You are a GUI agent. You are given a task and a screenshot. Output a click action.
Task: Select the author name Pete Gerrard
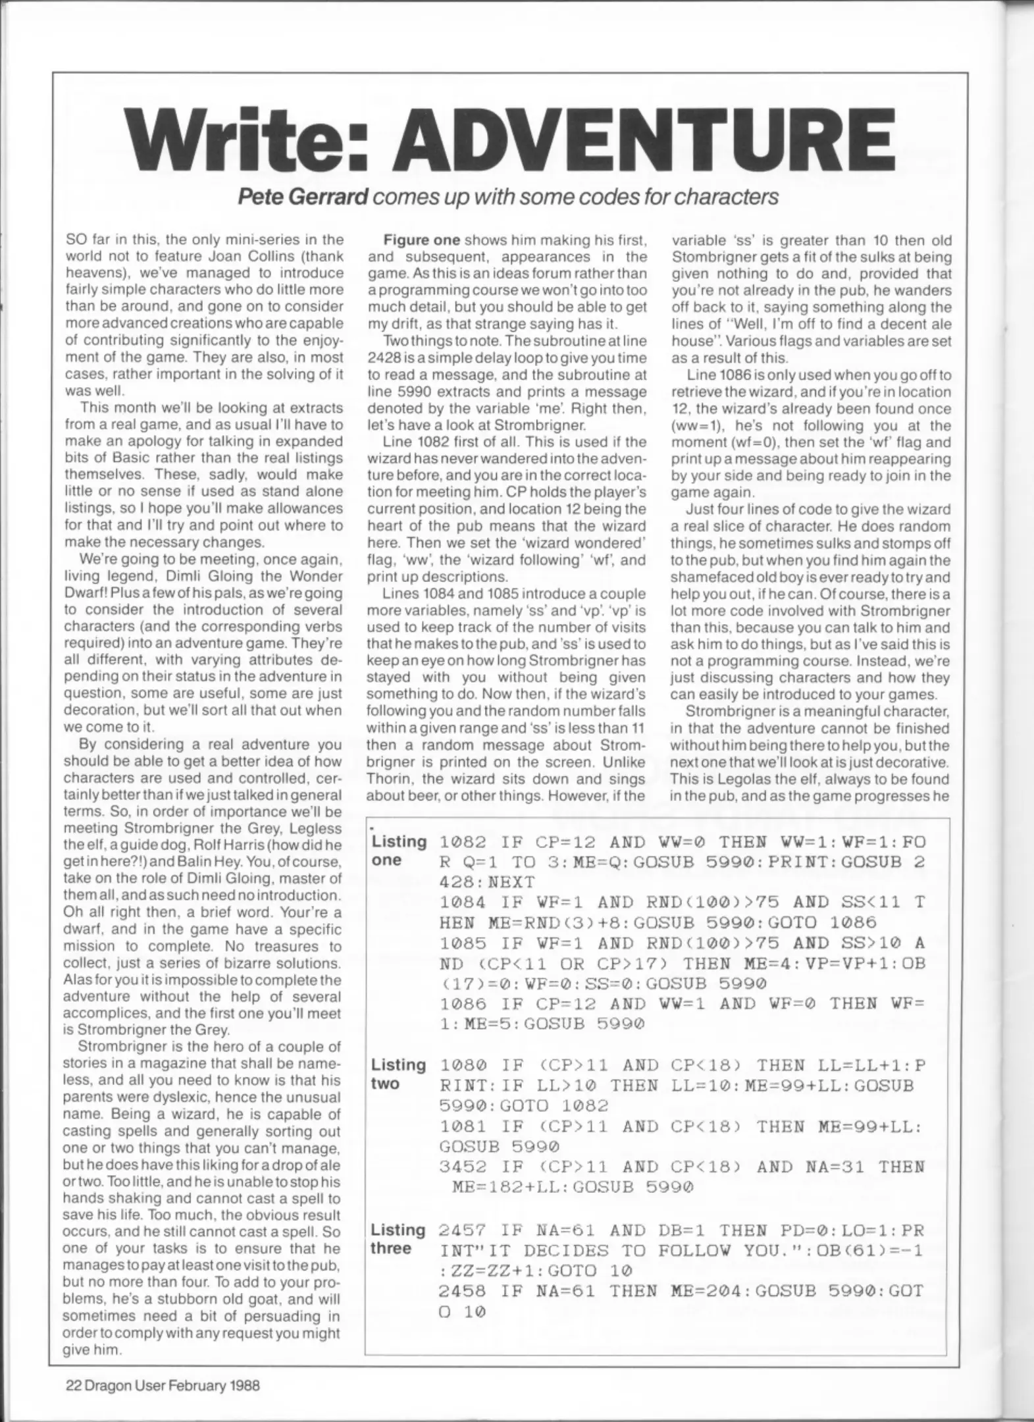coord(301,197)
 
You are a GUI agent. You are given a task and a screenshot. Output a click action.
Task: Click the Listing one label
coord(398,851)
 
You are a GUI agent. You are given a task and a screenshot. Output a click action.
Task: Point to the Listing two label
coord(398,1074)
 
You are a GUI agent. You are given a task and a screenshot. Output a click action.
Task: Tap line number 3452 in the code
coord(463,1167)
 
